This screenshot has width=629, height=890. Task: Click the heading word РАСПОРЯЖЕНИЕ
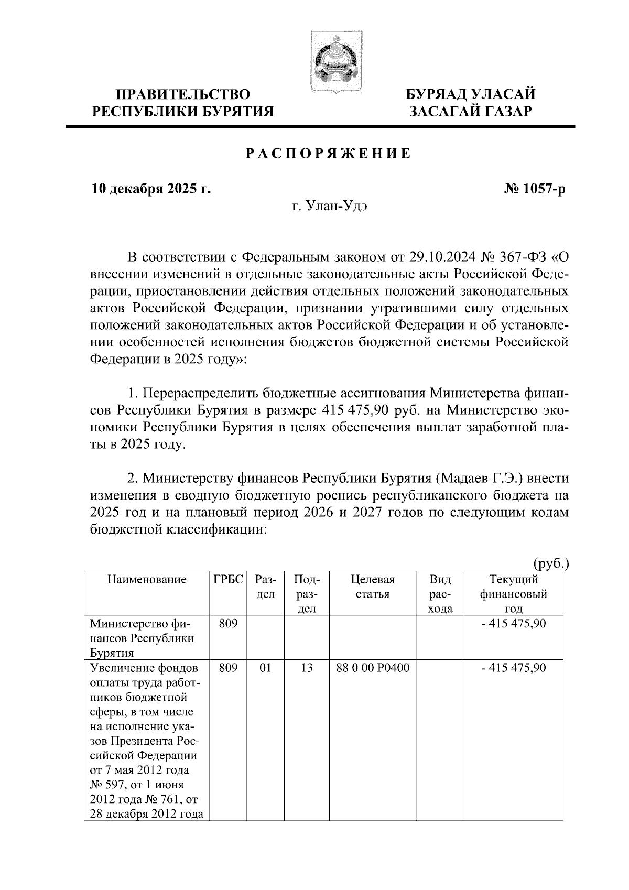[328, 154]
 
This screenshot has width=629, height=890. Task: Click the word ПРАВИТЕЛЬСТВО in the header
[183, 95]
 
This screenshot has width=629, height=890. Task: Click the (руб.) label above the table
[551, 564]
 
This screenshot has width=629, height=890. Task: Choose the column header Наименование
[147, 579]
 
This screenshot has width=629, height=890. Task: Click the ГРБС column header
[229, 579]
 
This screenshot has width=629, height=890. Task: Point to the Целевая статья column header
[372, 587]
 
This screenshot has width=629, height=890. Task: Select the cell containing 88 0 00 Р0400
[372, 668]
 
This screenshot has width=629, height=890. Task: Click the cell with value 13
[307, 668]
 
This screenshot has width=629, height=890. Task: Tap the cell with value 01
[266, 668]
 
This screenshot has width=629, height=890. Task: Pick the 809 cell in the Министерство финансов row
[229, 624]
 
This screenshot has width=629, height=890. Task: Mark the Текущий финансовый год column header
[513, 594]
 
